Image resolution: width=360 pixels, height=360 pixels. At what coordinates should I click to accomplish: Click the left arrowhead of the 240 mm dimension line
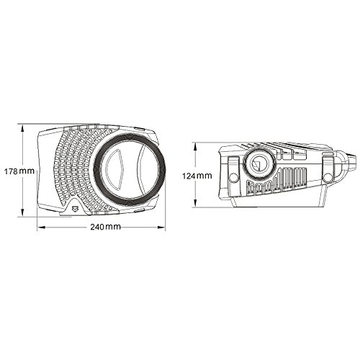pyautogui.click(x=37, y=228)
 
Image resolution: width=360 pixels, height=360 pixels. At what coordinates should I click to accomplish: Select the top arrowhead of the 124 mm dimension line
pyautogui.click(x=197, y=143)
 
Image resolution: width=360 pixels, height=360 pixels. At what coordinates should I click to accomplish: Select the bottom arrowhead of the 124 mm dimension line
pyautogui.click(x=197, y=207)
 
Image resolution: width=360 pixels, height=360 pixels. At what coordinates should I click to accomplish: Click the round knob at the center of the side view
pyautogui.click(x=256, y=165)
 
